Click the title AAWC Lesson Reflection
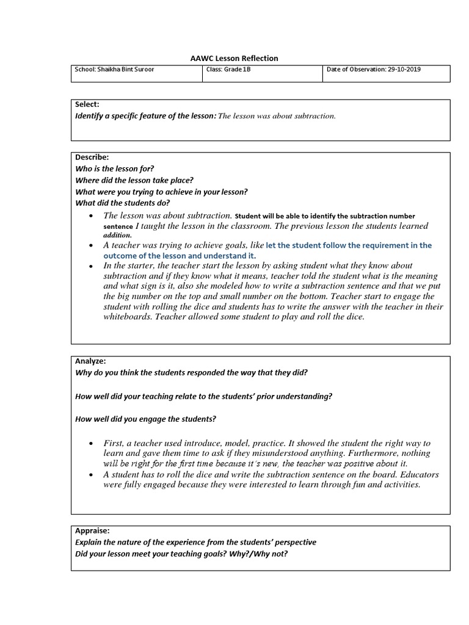(234, 59)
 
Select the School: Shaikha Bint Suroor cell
(114, 70)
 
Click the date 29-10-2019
(404, 70)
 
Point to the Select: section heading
(87, 105)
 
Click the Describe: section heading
(92, 157)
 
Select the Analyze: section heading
(90, 361)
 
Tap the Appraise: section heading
(92, 531)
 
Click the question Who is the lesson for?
(115, 168)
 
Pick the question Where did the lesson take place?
(134, 180)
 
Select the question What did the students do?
(123, 203)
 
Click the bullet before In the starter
(91, 266)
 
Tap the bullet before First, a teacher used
(91, 443)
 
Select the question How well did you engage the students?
(145, 419)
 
